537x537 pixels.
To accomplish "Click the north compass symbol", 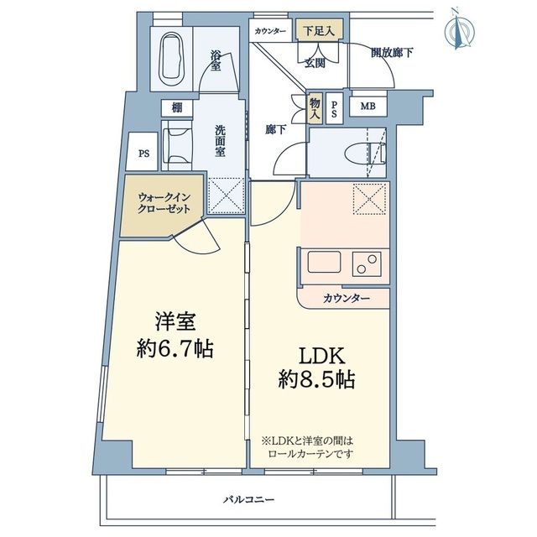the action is point(459,29).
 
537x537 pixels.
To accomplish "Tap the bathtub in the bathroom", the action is point(171,60).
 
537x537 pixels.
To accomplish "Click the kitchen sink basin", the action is point(324,262).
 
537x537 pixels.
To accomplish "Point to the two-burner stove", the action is point(367,263).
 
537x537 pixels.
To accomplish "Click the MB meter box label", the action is point(368,107).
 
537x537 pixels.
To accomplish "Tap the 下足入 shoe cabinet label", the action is point(319,32).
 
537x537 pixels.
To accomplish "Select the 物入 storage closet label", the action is point(315,108).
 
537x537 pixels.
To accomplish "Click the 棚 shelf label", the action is point(177,108).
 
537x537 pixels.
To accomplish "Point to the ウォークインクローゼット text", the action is point(164,203).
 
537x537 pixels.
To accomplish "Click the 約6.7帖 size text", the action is point(175,349).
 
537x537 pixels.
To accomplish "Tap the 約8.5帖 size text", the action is point(316,379).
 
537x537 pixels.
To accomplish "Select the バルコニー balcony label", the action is point(249,500).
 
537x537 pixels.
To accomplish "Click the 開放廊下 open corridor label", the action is point(392,53).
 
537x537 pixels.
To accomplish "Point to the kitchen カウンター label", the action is point(347,299).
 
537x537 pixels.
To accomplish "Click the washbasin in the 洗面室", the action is point(177,145).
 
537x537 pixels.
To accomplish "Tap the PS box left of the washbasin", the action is point(143,154).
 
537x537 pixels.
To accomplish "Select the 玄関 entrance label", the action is point(315,63).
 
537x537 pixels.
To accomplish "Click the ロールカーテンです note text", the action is point(310,454).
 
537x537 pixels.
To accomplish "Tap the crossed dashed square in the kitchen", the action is point(369,200).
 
